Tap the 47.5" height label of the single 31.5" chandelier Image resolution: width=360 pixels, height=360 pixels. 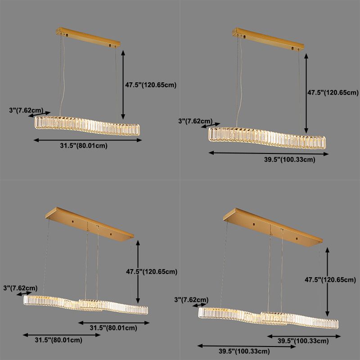[x=151, y=84]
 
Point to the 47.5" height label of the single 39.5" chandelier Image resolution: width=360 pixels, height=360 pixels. [x=333, y=93]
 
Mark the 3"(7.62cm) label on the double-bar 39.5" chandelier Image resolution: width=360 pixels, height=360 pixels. [x=191, y=300]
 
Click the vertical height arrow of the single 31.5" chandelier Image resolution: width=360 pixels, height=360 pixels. [x=122, y=85]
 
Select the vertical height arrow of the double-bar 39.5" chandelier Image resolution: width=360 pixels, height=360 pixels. [x=327, y=279]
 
